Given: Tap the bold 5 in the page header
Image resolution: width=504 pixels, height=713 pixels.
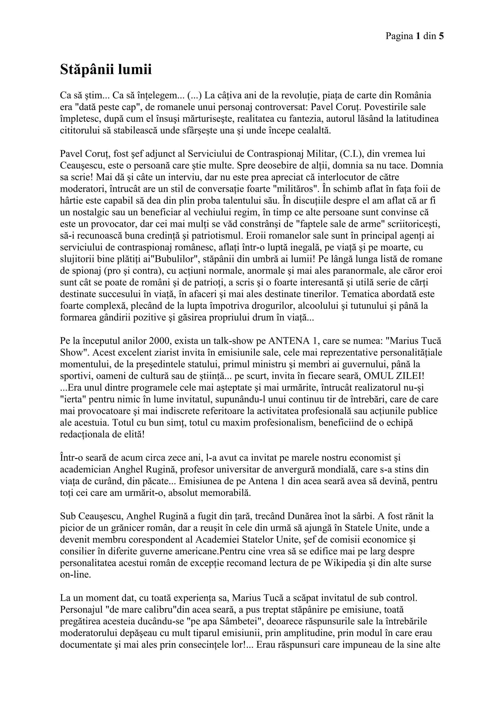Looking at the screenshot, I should (441, 36).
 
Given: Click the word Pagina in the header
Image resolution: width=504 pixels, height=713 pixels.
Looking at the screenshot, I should (397, 36).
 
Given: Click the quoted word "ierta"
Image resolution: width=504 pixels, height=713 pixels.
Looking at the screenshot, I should (72, 399).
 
